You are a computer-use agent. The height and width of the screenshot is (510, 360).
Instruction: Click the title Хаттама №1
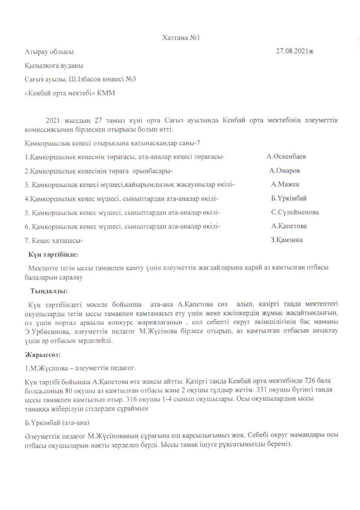click(x=181, y=38)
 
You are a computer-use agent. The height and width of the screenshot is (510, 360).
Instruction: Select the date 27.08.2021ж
click(x=295, y=51)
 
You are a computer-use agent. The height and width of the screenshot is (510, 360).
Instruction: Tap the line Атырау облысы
click(x=49, y=52)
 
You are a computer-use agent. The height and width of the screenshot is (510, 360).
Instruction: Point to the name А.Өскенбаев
click(x=286, y=157)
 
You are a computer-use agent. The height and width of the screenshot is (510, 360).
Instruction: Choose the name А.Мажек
click(x=285, y=184)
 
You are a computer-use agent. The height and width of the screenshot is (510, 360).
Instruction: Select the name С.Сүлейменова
click(x=295, y=212)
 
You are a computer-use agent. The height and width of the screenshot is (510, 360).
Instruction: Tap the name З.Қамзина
click(x=286, y=240)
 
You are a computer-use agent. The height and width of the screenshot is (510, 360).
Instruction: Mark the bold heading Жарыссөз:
click(x=42, y=355)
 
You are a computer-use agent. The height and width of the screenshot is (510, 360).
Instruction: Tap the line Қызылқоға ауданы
click(x=54, y=66)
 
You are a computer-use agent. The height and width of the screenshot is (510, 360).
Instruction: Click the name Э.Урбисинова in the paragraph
click(x=43, y=331)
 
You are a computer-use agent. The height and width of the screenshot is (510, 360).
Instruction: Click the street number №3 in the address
click(x=131, y=79)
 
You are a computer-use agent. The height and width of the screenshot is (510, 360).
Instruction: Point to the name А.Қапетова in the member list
click(x=289, y=226)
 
